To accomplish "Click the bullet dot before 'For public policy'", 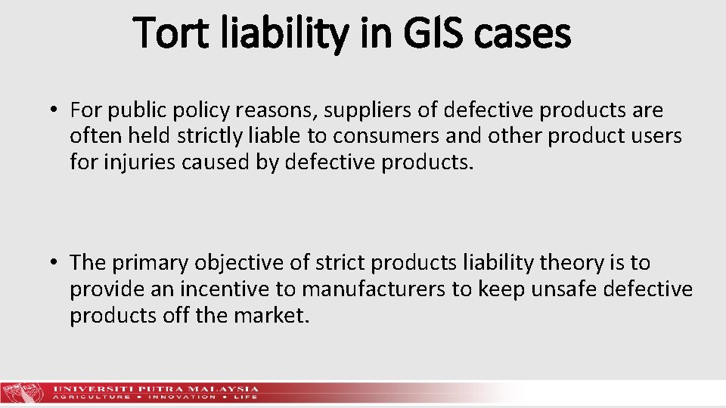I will click(56, 111).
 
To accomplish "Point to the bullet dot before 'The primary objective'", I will click(56, 263).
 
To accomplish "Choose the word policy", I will click(197, 111).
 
